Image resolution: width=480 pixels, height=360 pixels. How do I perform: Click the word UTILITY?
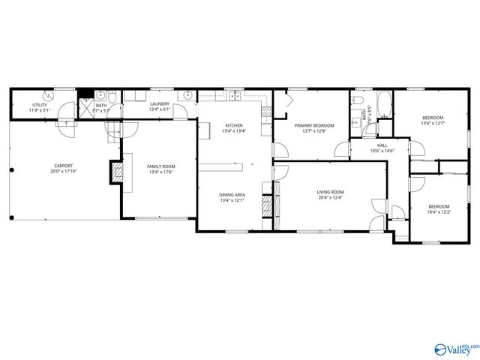coord(39,105)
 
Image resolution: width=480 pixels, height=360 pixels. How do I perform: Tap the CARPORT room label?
coord(63,166)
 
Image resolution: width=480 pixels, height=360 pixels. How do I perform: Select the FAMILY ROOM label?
coord(160,166)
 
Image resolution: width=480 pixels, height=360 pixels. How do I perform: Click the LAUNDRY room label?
coord(159,105)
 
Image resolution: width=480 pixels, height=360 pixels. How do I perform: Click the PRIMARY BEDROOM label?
coord(313,125)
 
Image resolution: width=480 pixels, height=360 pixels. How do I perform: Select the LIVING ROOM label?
coord(329,193)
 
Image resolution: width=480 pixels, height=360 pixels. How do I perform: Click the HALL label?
coord(382,145)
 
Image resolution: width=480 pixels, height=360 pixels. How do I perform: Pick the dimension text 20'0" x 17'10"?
coord(63,172)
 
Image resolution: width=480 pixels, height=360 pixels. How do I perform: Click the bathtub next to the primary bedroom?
coord(383,104)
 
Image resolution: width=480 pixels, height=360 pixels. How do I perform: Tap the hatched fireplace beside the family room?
coord(117,172)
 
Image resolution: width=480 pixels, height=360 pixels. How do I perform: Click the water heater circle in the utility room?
coord(49,95)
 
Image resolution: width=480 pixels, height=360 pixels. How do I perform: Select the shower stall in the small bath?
coord(87,105)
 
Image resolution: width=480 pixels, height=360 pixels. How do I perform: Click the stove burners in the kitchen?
coord(265,112)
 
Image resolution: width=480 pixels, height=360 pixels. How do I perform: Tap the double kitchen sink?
coord(235,95)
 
